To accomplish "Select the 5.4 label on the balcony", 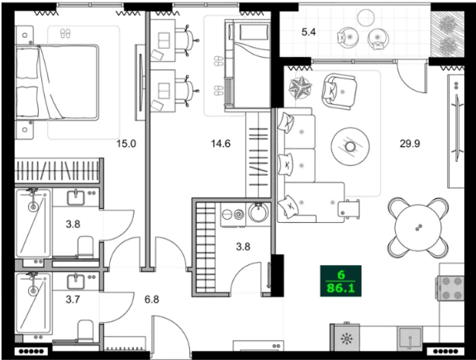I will [309, 33].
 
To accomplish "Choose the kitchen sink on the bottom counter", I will [408, 339].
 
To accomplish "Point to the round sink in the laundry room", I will [258, 215].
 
